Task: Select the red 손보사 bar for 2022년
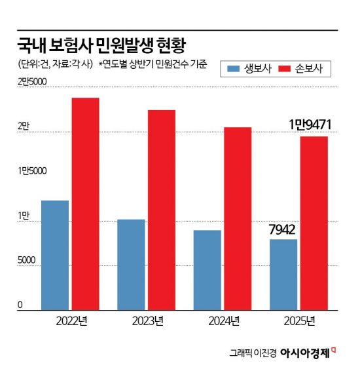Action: (x=86, y=203)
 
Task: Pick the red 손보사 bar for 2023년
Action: (x=162, y=209)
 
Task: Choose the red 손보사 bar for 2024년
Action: (x=238, y=218)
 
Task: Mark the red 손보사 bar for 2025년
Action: (x=314, y=222)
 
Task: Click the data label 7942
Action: (x=283, y=230)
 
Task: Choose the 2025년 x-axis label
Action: (x=299, y=320)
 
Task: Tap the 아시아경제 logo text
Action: (x=306, y=353)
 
